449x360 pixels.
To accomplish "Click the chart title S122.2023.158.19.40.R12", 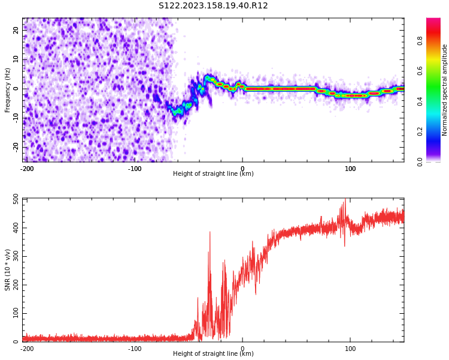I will pos(213,6).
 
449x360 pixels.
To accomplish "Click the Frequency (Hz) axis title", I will pos(8,90).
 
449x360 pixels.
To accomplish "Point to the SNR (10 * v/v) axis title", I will pos(8,270).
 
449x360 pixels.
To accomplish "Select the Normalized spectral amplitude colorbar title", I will pos(445,90).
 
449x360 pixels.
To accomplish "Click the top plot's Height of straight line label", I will pos(213,174).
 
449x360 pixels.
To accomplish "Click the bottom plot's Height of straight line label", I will pos(213,354).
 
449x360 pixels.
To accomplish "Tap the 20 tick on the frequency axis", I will pos(16,30).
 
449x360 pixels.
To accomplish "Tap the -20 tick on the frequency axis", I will pos(14,146).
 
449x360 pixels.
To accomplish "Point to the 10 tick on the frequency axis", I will pos(16,59).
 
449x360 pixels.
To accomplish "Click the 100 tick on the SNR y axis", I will pos(13,314).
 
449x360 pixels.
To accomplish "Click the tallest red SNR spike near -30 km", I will pos(210,233).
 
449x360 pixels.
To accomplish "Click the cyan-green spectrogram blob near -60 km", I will pos(178,111).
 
